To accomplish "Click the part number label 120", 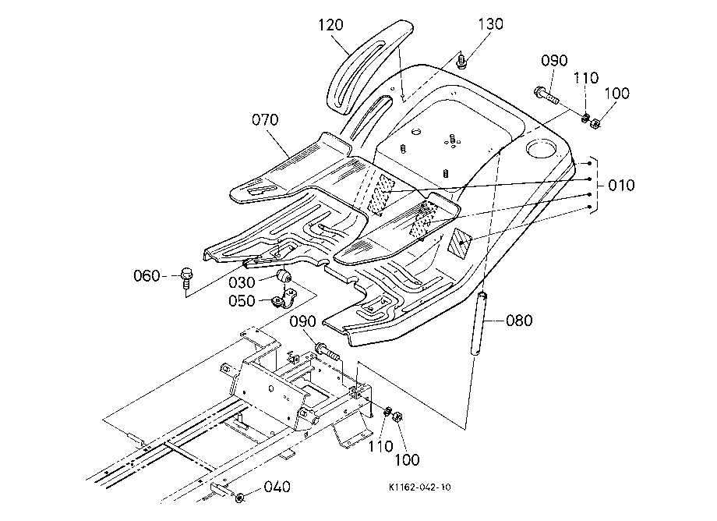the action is [330, 25].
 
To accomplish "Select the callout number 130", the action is [491, 23].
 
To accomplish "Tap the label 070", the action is [265, 120].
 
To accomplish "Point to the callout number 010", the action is [621, 186].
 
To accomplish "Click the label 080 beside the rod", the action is [520, 321].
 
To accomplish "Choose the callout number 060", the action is [147, 276].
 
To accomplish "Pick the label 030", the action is [242, 282].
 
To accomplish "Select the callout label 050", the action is [242, 301].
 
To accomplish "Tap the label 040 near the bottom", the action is [277, 487].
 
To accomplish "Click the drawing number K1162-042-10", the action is [419, 487].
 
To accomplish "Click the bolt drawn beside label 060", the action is [186, 278].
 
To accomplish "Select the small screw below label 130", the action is [461, 61].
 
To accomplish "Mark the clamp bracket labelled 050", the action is [284, 299].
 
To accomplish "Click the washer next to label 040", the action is [239, 498].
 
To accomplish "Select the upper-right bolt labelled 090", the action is [546, 95].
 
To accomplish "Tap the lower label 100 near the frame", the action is [407, 459].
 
